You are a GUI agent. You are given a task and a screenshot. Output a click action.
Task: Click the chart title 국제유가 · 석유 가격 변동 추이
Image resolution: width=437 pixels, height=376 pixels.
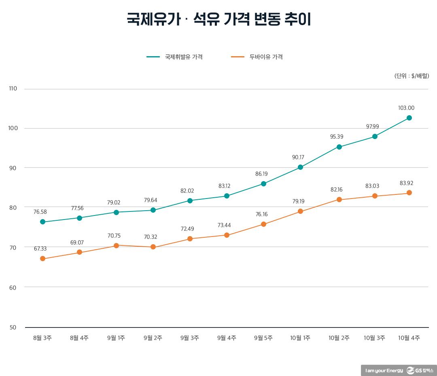point(218,19)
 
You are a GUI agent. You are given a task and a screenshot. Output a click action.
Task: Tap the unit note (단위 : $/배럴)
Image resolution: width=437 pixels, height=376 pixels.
point(412,76)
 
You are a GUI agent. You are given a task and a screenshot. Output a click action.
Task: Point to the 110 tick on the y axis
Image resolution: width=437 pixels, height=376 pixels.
point(13,89)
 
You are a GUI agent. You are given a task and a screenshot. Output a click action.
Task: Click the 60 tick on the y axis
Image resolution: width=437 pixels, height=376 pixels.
point(13,287)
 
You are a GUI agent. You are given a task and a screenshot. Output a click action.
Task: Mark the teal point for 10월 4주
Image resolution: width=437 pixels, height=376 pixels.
point(409,118)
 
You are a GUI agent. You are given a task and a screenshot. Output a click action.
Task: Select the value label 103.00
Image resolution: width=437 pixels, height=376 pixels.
point(406,108)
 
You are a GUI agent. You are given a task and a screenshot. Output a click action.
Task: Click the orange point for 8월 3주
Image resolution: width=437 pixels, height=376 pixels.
point(42,259)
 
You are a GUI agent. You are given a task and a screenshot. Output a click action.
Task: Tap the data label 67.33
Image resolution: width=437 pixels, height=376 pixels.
point(40,248)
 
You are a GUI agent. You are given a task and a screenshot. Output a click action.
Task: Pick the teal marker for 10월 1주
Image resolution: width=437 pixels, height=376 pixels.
point(300,167)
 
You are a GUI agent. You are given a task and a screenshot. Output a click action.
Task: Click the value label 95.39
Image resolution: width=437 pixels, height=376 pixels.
point(336,137)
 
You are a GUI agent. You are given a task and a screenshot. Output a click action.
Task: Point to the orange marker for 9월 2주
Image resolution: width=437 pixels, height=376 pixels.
point(153,247)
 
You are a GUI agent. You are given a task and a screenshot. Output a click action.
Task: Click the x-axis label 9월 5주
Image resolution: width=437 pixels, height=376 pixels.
point(263,338)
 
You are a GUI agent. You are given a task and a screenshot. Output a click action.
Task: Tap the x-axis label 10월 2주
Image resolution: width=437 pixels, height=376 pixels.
point(339,338)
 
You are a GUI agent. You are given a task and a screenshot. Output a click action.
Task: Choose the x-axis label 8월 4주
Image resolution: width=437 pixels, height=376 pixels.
point(79,338)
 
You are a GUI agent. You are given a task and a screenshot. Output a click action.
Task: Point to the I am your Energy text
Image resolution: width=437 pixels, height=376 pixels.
point(384,371)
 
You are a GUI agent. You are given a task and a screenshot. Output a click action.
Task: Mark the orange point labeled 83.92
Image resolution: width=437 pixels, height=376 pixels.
point(409,193)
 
